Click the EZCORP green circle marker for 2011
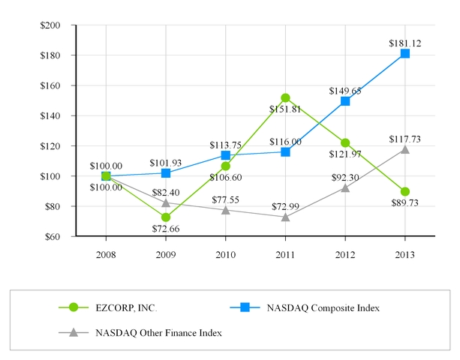tap(285, 98)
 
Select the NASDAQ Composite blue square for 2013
tap(405, 53)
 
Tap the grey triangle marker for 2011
tap(285, 217)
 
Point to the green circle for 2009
tap(166, 217)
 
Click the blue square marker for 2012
tap(345, 100)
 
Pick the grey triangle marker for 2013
tap(405, 148)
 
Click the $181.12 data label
tap(405, 43)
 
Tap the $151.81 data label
tap(285, 109)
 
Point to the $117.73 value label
tap(405, 139)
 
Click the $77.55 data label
tap(225, 199)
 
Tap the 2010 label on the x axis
tap(225, 254)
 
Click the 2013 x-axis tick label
tap(405, 254)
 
